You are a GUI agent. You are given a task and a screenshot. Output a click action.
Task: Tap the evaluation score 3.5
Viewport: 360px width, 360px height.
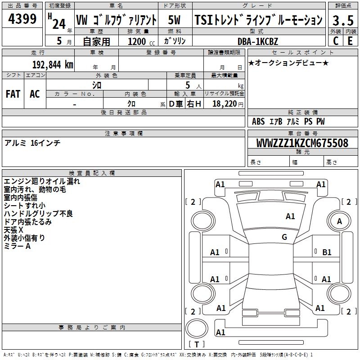coord(342,21)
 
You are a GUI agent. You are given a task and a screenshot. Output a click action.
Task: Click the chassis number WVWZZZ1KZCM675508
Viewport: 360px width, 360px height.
coord(302,143)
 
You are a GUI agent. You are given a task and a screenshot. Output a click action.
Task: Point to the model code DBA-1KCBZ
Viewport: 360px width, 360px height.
coord(257,41)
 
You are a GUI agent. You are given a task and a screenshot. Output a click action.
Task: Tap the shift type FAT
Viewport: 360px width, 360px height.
coord(13,94)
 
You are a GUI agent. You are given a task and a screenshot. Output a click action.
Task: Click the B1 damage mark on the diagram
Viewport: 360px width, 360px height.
coord(327,252)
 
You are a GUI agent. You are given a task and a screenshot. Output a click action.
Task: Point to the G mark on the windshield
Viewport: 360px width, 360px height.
coord(284,237)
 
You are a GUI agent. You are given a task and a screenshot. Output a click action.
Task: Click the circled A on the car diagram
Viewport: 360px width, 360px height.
coord(339,221)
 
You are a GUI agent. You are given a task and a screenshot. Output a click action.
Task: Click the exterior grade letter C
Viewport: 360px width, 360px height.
coord(335,40)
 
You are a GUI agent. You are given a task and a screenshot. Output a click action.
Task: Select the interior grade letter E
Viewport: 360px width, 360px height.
coord(350,40)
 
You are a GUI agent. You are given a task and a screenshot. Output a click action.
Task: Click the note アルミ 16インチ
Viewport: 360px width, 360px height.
coord(32,143)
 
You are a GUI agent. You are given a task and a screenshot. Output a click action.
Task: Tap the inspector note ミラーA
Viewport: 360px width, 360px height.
coord(17,246)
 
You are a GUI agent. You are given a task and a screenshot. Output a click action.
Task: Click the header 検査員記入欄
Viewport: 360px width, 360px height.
coord(92,173)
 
